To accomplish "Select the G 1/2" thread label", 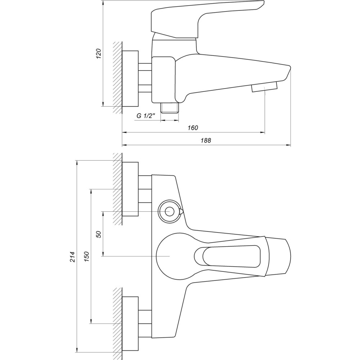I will pos(146,116).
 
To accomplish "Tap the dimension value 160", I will pos(193,128).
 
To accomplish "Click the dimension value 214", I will pos(72,256).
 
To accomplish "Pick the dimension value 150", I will pos(86,256).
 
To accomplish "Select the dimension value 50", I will pos(99,234).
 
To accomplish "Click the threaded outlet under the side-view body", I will pos(169,108).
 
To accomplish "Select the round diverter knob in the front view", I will pos(169,211).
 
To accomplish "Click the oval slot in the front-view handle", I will pos(227,256).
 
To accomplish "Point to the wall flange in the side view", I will pos(130,78).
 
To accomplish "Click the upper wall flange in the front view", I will pos(130,189).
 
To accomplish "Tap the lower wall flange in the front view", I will pos(130,323).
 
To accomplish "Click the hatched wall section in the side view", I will pos(117,77).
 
